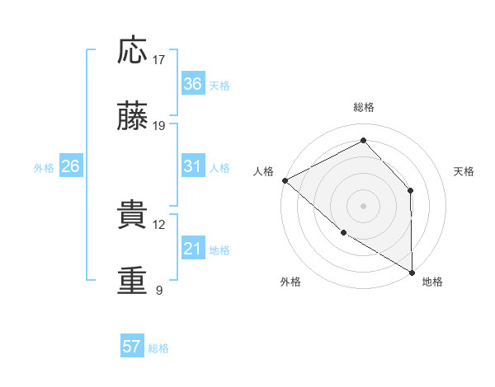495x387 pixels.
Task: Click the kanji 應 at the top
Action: [x=133, y=51]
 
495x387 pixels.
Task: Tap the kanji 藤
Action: [x=133, y=119]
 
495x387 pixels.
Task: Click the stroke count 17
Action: [x=159, y=60]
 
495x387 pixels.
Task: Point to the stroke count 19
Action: [x=159, y=127]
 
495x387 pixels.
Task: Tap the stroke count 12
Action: [x=159, y=224]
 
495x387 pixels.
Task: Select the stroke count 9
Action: [x=159, y=291]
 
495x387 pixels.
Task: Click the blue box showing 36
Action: [x=193, y=84]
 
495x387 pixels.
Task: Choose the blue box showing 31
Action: [x=193, y=166]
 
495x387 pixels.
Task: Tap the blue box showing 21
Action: [x=193, y=249]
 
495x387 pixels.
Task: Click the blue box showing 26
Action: [x=71, y=166]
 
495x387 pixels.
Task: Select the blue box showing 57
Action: [x=132, y=347]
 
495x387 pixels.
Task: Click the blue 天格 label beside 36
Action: [x=219, y=85]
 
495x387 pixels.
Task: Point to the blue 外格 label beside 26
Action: [x=44, y=167]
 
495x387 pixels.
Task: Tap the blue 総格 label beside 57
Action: [x=158, y=347]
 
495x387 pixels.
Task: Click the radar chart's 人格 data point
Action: [x=285, y=180]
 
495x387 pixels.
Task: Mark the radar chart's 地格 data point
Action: [x=412, y=272]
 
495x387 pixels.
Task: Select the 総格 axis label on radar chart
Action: [x=364, y=107]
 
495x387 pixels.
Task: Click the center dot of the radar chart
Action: [x=364, y=205]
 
